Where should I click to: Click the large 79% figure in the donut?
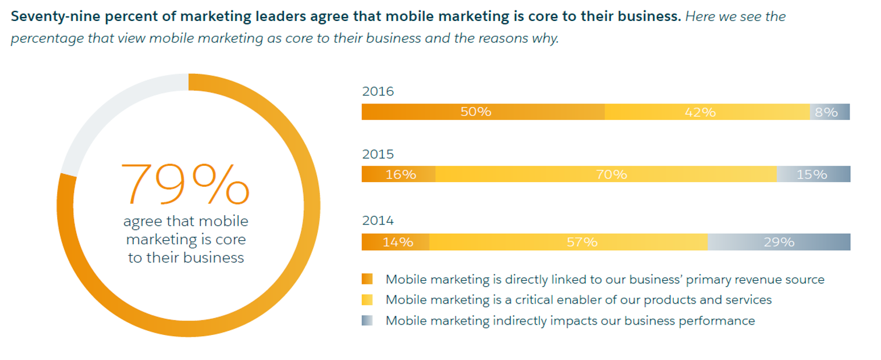coord(185,184)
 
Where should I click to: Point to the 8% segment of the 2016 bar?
coord(829,112)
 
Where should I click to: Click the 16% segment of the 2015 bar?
coord(399,174)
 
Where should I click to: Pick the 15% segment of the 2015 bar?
coord(813,174)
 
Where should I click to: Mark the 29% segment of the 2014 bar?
coord(779,242)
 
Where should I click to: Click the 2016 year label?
coord(378,91)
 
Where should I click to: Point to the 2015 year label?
coord(378,154)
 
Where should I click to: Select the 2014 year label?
coord(378,221)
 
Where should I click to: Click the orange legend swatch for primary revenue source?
coord(367,279)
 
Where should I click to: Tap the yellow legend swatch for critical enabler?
coord(367,300)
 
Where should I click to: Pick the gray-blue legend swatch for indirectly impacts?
coord(367,320)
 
